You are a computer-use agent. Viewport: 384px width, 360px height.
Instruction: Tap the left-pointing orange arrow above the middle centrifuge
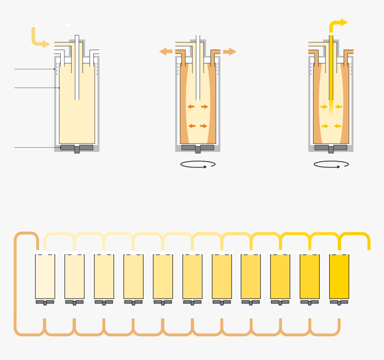tap(166, 52)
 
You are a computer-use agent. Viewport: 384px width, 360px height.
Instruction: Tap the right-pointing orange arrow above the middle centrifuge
tap(230, 52)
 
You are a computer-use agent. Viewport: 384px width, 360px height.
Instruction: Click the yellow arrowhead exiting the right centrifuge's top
tap(342, 22)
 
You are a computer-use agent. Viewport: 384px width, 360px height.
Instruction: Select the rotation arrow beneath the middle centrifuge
tap(198, 164)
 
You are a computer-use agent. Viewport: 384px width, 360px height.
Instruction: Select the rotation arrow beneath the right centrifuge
tap(331, 164)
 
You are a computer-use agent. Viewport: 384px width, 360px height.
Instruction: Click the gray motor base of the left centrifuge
tap(77, 148)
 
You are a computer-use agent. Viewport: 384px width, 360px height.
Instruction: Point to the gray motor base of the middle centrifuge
tap(198, 148)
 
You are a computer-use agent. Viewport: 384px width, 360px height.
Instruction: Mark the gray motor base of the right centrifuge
tap(331, 148)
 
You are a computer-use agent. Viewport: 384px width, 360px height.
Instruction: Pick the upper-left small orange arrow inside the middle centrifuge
tap(191, 107)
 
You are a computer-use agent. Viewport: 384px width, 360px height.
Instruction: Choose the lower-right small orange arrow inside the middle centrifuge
tap(204, 126)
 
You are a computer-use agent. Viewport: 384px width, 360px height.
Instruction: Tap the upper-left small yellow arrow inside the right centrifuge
tap(324, 107)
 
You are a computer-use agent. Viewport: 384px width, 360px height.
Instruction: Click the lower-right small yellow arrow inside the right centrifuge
tap(338, 126)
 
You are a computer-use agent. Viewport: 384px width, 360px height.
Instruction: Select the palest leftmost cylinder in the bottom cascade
tap(45, 276)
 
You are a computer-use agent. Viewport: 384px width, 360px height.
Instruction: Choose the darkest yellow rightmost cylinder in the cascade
tap(339, 276)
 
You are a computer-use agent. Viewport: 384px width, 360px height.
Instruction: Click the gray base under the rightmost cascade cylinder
tap(339, 302)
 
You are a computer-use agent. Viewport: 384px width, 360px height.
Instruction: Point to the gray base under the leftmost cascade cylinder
tap(45, 302)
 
